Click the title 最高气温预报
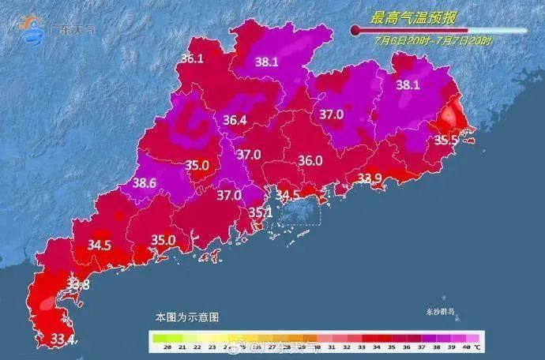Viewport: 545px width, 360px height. pyautogui.click(x=415, y=16)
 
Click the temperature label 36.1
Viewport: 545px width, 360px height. pyautogui.click(x=192, y=58)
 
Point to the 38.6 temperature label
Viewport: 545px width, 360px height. pyautogui.click(x=144, y=183)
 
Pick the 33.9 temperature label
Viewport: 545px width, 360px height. pyautogui.click(x=370, y=178)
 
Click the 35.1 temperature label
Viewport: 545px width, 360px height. pyautogui.click(x=260, y=212)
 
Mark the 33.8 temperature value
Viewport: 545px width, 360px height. pyautogui.click(x=77, y=283)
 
